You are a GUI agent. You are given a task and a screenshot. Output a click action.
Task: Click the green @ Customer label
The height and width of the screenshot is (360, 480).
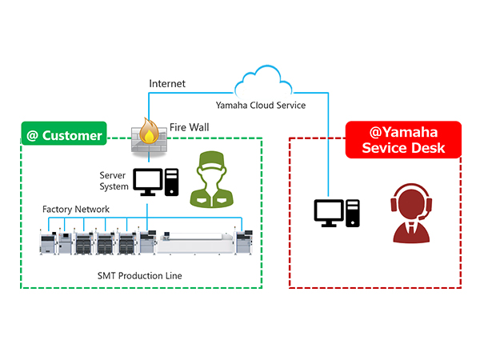[x=64, y=134]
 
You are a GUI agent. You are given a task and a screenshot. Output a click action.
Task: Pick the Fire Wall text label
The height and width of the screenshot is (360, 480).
[x=190, y=127]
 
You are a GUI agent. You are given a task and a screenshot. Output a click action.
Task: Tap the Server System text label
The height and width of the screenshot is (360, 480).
[x=114, y=181]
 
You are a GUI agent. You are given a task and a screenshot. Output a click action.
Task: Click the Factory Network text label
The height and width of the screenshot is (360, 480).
[x=76, y=210]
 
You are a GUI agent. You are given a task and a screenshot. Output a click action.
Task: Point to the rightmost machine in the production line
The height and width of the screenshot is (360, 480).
[x=246, y=240]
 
